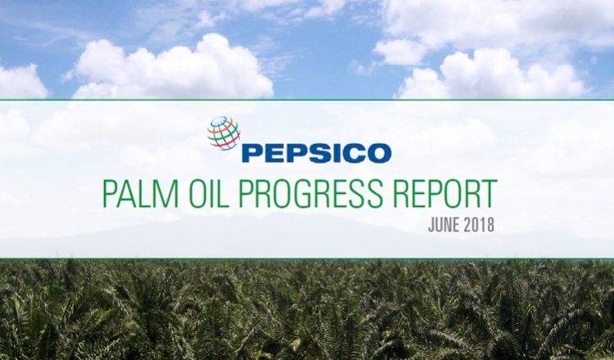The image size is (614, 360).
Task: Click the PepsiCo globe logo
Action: tap(223, 133)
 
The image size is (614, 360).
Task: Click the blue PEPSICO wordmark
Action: tap(316, 153)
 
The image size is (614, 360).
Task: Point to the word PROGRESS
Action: tap(310, 193)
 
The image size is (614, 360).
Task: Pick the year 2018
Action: tap(479, 225)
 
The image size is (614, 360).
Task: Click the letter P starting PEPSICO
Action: tap(251, 153)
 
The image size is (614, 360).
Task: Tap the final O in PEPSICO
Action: tap(379, 153)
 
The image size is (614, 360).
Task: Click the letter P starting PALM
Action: tap(110, 193)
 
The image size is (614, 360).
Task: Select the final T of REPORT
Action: tap(490, 193)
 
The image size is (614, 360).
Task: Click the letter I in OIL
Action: tap(216, 193)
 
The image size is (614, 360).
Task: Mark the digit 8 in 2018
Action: tap(490, 225)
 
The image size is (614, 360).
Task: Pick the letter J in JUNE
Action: tap(431, 225)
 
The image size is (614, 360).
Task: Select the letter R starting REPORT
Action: tap(400, 193)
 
